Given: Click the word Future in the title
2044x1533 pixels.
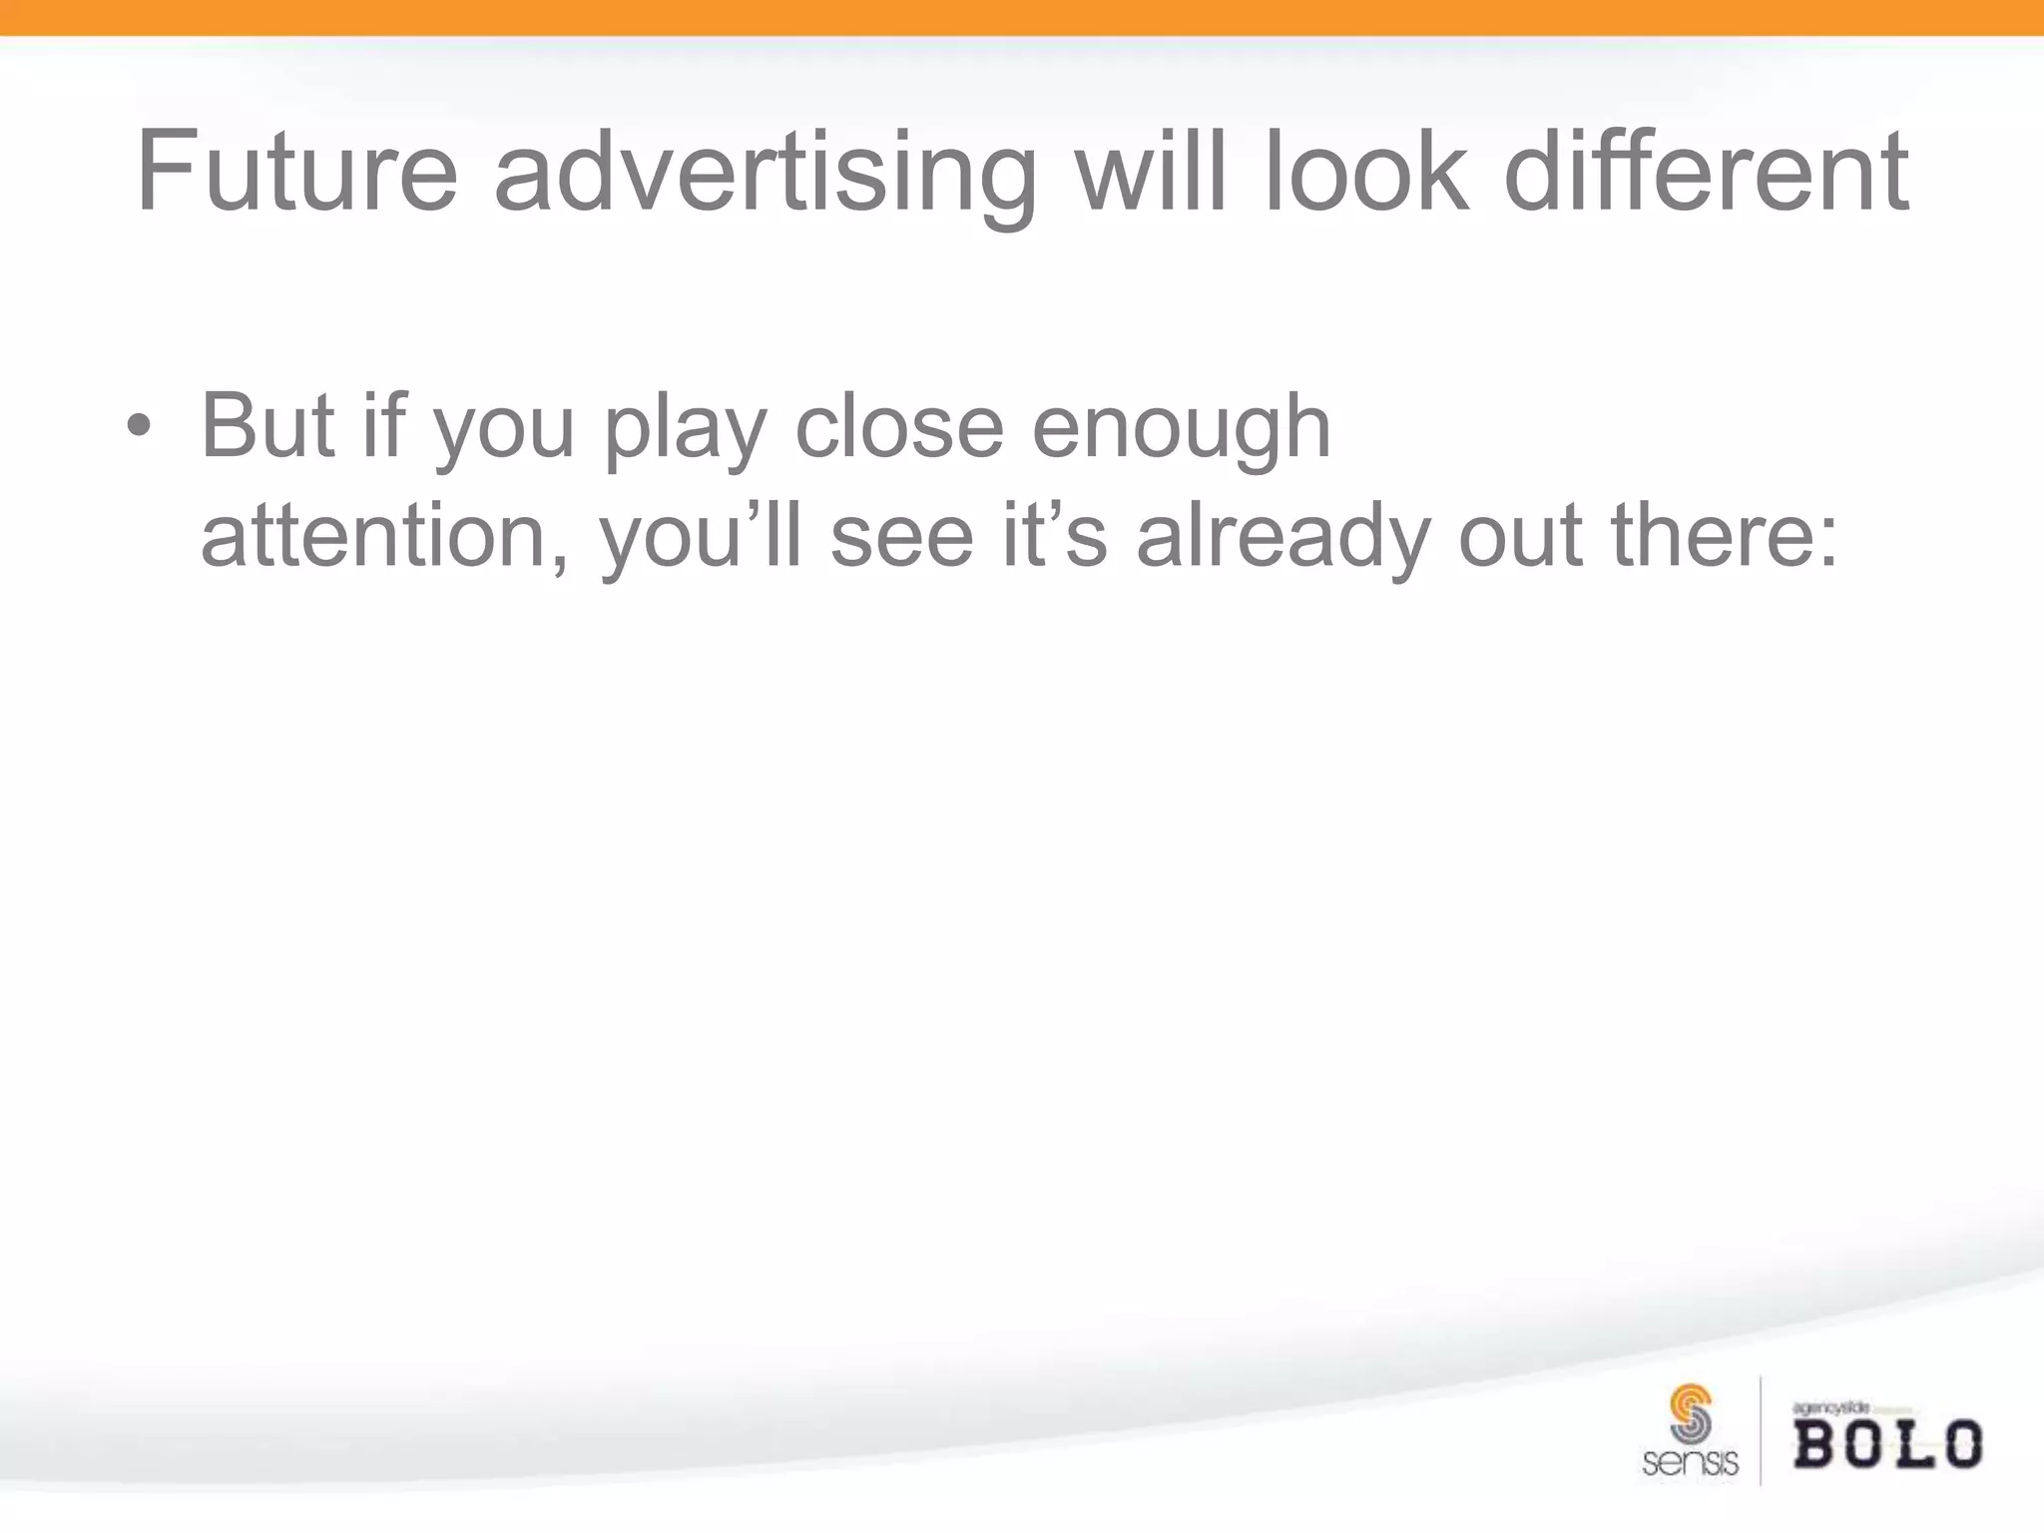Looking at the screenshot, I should pos(296,172).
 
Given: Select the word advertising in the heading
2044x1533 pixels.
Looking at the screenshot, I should pos(766,172).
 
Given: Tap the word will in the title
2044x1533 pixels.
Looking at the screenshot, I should pos(1150,172).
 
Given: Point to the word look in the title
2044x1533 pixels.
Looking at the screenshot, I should pos(1365,172).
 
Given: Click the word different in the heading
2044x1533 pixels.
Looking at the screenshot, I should pos(1706,172).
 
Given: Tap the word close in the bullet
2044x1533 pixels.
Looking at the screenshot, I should pos(898,427).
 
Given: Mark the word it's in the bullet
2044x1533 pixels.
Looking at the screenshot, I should pos(1054,537).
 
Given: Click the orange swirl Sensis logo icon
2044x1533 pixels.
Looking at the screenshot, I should pos(1691,1413).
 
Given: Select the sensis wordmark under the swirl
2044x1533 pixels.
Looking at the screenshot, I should pos(1690,1463).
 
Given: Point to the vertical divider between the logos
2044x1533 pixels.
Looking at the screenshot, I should pos(1761,1430).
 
